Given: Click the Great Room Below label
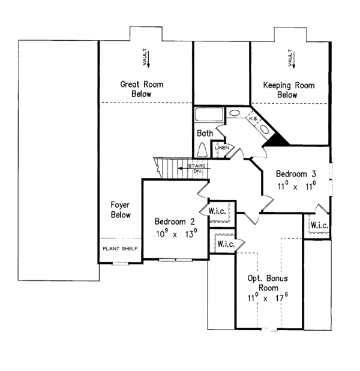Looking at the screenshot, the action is click(x=142, y=89).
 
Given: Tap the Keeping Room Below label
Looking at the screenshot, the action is click(x=289, y=90).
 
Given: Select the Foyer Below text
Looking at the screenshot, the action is click(x=121, y=210).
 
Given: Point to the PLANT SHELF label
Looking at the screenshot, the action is click(x=120, y=249).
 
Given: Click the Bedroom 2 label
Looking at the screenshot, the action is click(x=175, y=222).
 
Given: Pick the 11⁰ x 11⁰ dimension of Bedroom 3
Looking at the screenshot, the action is click(x=296, y=185).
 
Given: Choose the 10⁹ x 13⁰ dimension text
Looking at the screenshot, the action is click(x=176, y=234).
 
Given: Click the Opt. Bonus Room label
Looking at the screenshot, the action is click(x=268, y=283).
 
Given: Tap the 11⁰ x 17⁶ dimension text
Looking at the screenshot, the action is click(x=268, y=297).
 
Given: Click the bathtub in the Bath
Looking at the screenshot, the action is click(x=209, y=114).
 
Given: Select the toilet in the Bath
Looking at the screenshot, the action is click(x=202, y=149).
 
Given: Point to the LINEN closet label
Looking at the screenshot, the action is click(x=222, y=148).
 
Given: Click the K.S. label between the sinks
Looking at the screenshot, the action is click(x=253, y=119).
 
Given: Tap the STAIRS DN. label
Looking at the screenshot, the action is click(x=197, y=168).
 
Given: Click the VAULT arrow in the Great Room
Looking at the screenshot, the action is click(x=149, y=58).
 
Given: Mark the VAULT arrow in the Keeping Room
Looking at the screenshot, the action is click(x=294, y=59).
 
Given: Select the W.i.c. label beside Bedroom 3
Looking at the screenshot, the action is click(x=319, y=225).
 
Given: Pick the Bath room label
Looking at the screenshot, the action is click(x=205, y=133).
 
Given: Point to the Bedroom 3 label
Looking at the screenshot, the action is click(x=296, y=174).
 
